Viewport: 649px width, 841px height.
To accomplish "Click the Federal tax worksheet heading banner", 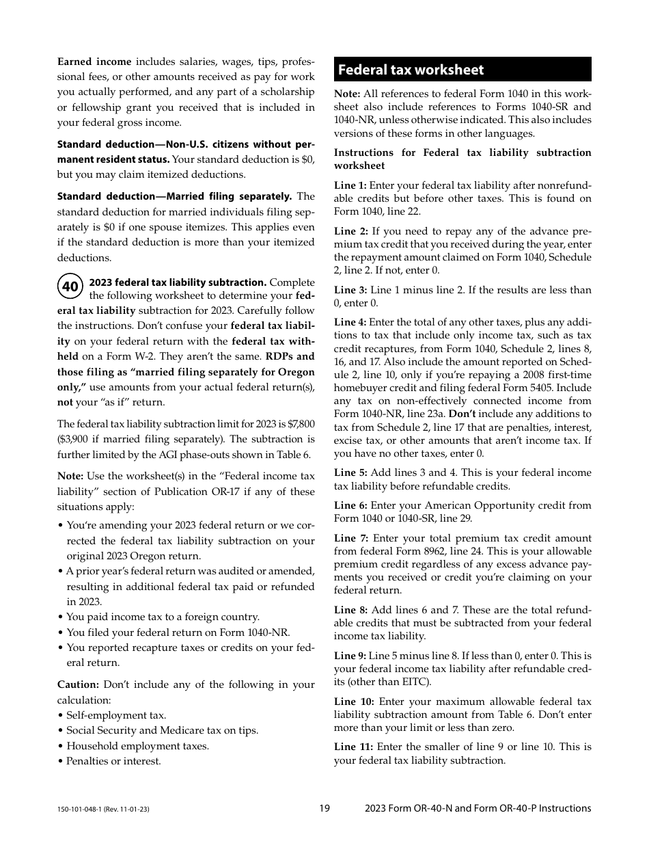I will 462,70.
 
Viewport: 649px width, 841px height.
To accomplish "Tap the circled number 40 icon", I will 70,287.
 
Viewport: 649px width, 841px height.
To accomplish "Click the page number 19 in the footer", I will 324,808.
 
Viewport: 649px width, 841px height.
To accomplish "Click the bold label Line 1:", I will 350,185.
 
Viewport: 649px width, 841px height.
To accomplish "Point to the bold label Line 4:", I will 350,322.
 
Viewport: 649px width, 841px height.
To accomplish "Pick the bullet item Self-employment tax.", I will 116,715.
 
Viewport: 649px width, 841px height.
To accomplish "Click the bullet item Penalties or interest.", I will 113,761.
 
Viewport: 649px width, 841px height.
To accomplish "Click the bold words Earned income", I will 94,62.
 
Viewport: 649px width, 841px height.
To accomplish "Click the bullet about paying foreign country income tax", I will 163,617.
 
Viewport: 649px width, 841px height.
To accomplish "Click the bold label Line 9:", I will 350,656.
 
